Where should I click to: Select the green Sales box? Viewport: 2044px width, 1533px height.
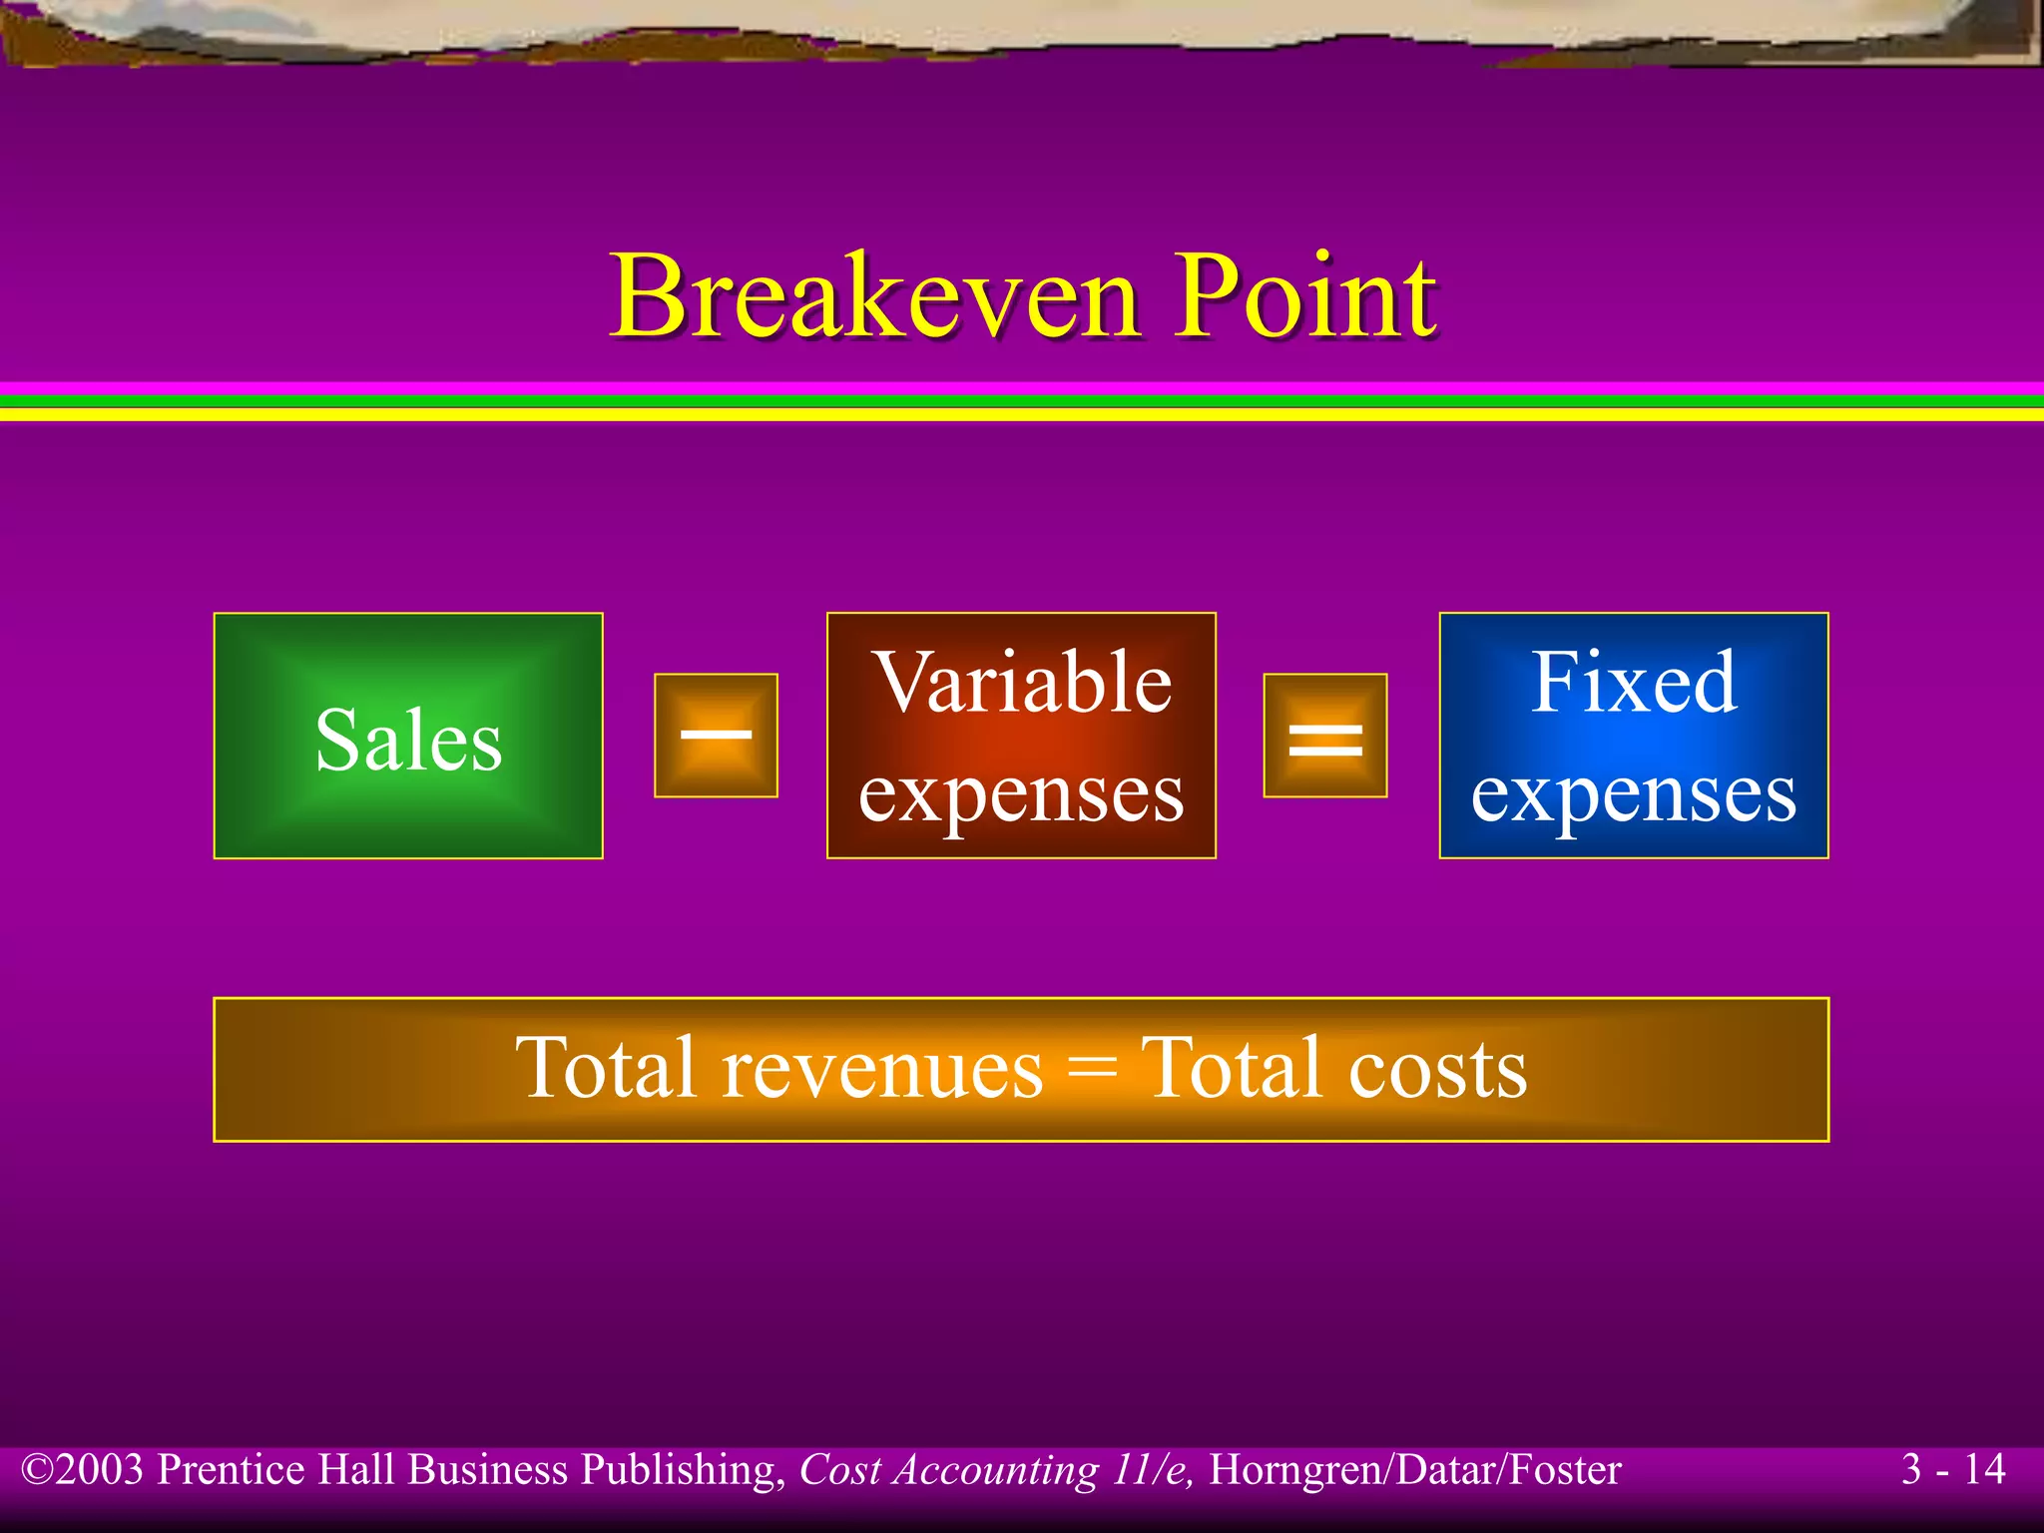click(x=408, y=737)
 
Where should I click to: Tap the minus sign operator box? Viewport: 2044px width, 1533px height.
click(x=716, y=736)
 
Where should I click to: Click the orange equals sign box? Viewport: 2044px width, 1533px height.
click(x=1325, y=736)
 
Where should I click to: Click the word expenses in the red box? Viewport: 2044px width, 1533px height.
click(x=1022, y=794)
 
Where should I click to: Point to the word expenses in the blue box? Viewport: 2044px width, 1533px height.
click(x=1634, y=794)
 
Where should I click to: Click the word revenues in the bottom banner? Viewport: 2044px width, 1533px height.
click(x=882, y=1069)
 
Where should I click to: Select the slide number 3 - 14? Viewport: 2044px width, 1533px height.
click(x=1953, y=1469)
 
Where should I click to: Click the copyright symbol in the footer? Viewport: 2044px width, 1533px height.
click(x=37, y=1470)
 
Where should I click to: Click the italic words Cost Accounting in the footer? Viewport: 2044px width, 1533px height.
click(x=949, y=1470)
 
